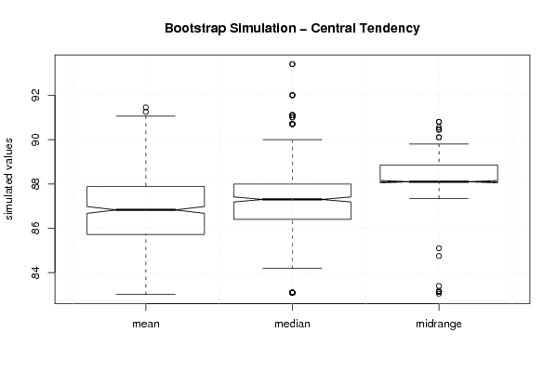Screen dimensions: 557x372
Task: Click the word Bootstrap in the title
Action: (x=195, y=29)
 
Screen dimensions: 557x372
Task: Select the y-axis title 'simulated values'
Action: (x=8, y=179)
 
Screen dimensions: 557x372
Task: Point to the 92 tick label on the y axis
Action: (x=35, y=95)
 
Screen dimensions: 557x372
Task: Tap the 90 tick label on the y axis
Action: (x=35, y=139)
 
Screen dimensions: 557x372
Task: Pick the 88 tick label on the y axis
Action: (x=35, y=184)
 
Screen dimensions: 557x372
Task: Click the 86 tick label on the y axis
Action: (x=35, y=228)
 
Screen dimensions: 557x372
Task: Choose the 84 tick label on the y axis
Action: (x=35, y=272)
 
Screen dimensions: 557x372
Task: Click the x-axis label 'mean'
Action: (x=146, y=324)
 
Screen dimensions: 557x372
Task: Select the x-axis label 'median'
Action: (x=292, y=324)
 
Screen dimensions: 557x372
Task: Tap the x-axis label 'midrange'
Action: (x=439, y=324)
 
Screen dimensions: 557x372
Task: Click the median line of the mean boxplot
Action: (x=146, y=210)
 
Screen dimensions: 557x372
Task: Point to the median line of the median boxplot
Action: (x=292, y=199)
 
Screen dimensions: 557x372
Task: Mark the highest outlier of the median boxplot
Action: (x=292, y=64)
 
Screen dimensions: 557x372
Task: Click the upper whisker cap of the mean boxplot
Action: (x=146, y=116)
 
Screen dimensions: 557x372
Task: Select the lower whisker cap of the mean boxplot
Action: (x=146, y=294)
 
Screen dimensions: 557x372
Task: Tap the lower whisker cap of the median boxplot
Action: (x=292, y=268)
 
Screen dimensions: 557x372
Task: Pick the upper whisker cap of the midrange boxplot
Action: (x=439, y=144)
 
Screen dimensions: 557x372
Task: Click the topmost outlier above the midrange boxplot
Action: (x=439, y=122)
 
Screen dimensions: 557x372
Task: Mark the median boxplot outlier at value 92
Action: (x=292, y=95)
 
